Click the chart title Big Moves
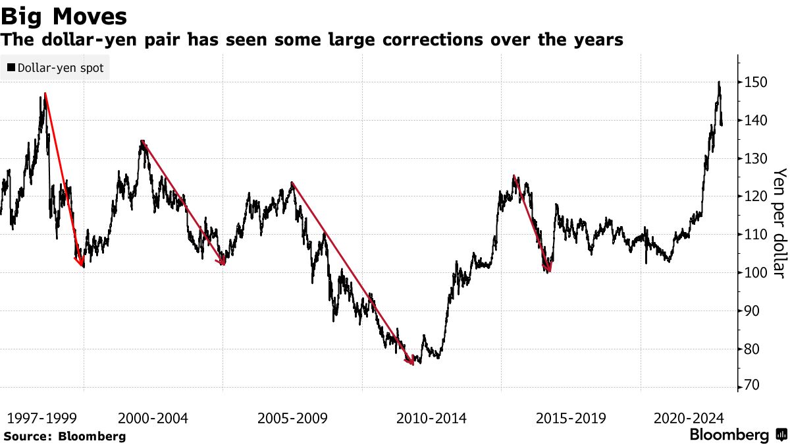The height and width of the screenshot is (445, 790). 64,15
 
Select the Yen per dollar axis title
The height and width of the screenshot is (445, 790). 779,223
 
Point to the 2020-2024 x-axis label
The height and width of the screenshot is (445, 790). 689,419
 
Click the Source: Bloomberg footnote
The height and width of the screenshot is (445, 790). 65,436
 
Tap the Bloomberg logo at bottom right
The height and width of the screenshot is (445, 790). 737,435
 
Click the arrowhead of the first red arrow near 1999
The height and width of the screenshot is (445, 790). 82,266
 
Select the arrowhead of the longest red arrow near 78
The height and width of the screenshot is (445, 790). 412,363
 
